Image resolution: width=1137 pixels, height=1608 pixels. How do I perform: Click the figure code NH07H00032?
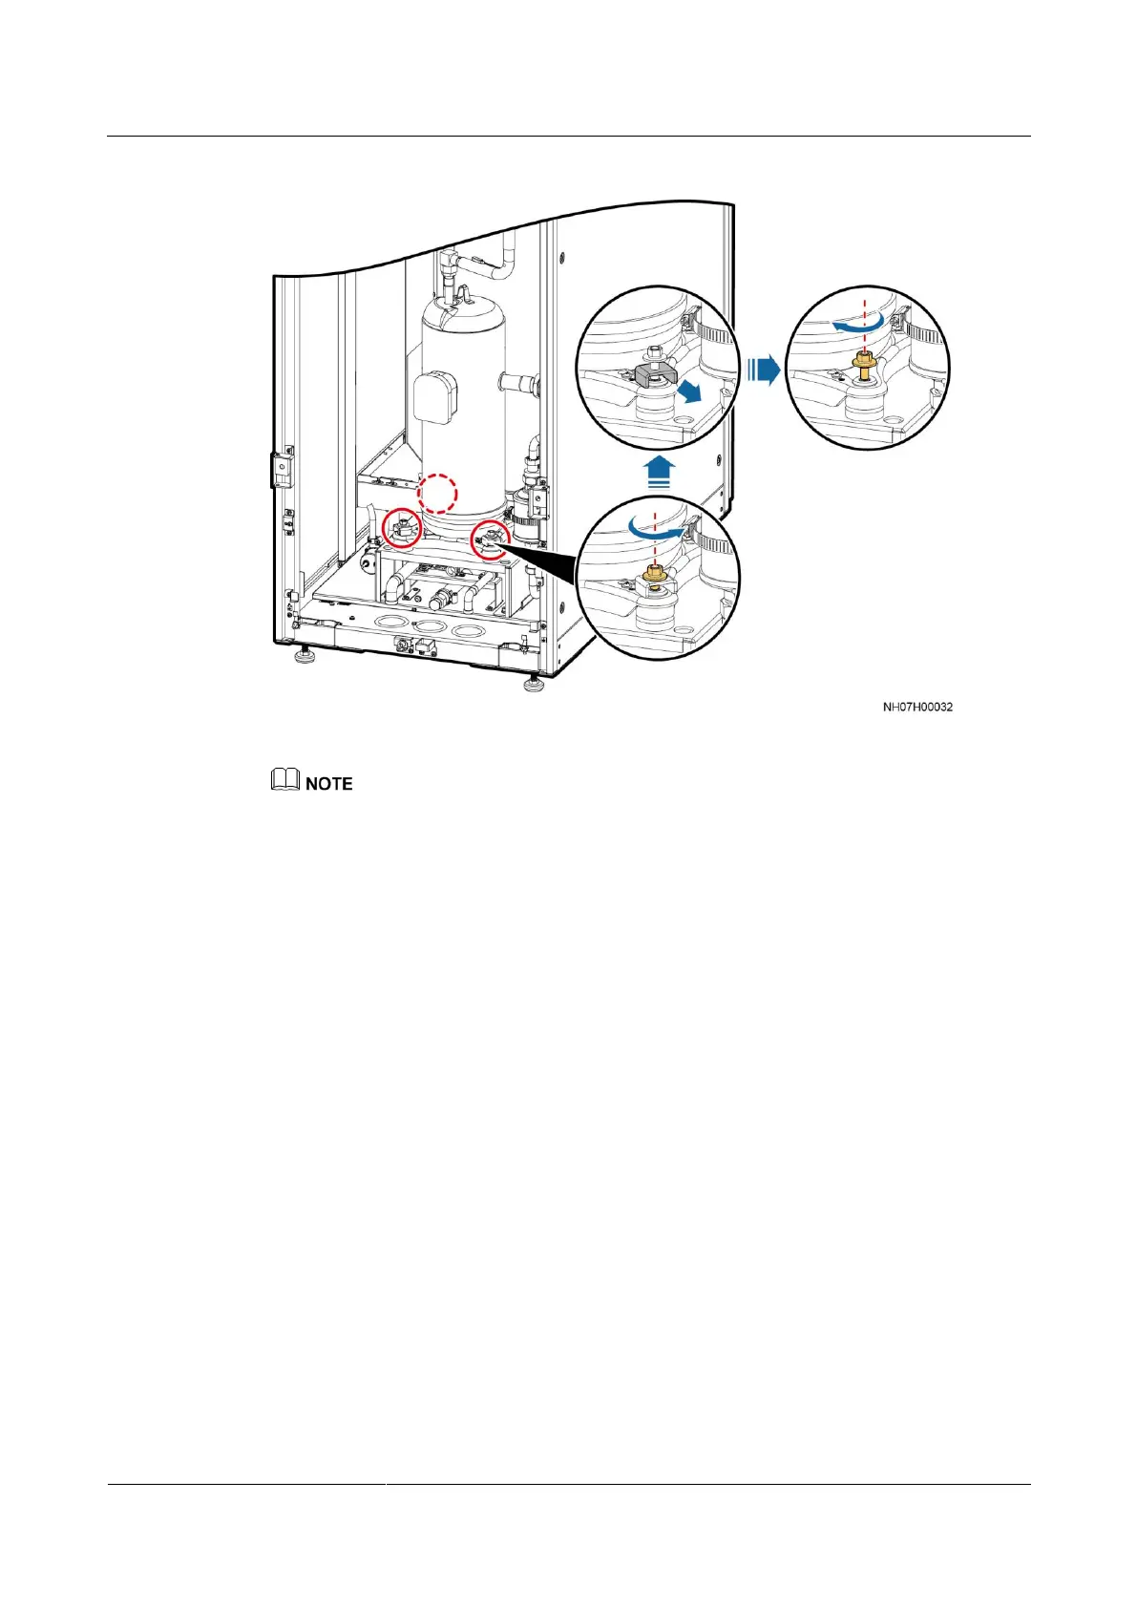pyautogui.click(x=916, y=707)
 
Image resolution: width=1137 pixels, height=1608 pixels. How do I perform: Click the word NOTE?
pyautogui.click(x=328, y=783)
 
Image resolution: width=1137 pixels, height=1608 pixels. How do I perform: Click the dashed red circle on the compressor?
pyautogui.click(x=439, y=494)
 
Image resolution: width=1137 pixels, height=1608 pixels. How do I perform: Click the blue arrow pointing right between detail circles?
pyautogui.click(x=763, y=369)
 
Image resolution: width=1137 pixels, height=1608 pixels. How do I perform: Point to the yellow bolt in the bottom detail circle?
pyautogui.click(x=654, y=576)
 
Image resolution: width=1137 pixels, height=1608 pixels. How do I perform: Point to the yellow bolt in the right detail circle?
pyautogui.click(x=864, y=365)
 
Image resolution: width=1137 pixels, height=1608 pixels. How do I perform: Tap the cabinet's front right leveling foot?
pyautogui.click(x=533, y=683)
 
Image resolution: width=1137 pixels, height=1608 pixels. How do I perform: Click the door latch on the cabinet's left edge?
pyautogui.click(x=280, y=469)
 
